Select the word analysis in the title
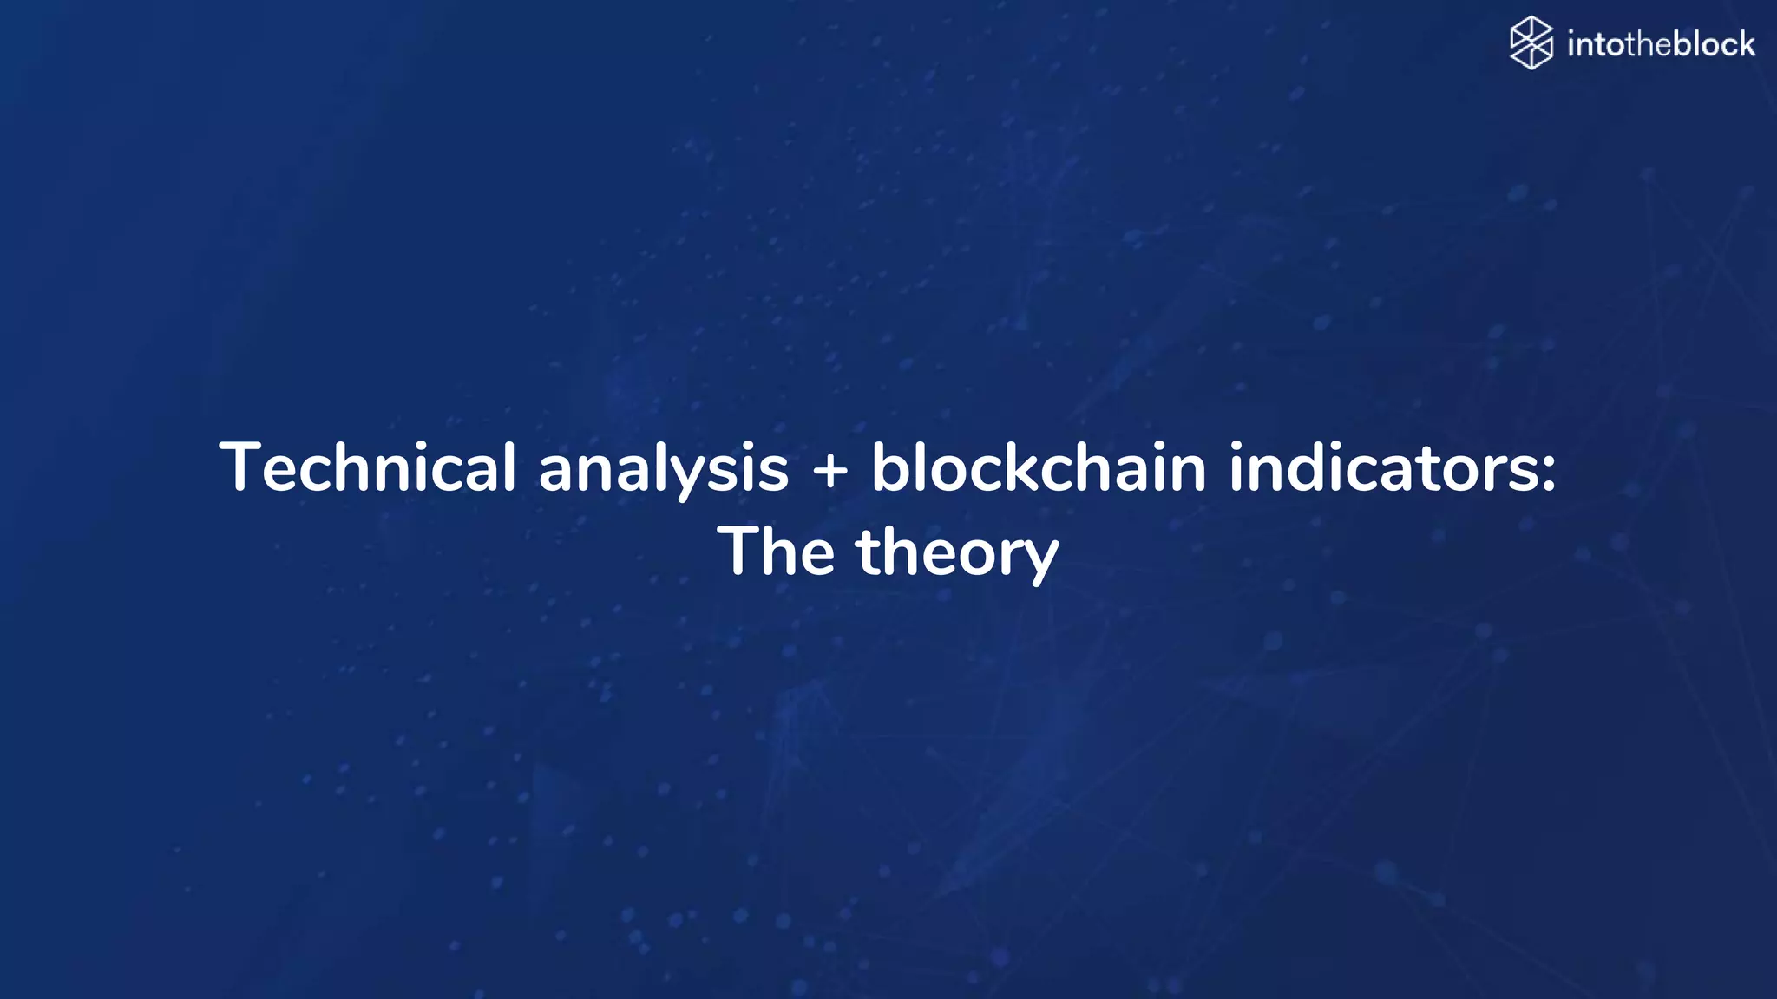pyautogui.click(x=664, y=469)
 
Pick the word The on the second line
pyautogui.click(x=777, y=552)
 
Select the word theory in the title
pyautogui.click(x=958, y=553)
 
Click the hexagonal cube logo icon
pyautogui.click(x=1531, y=42)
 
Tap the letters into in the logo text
pyautogui.click(x=1596, y=44)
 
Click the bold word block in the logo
pyautogui.click(x=1714, y=44)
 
